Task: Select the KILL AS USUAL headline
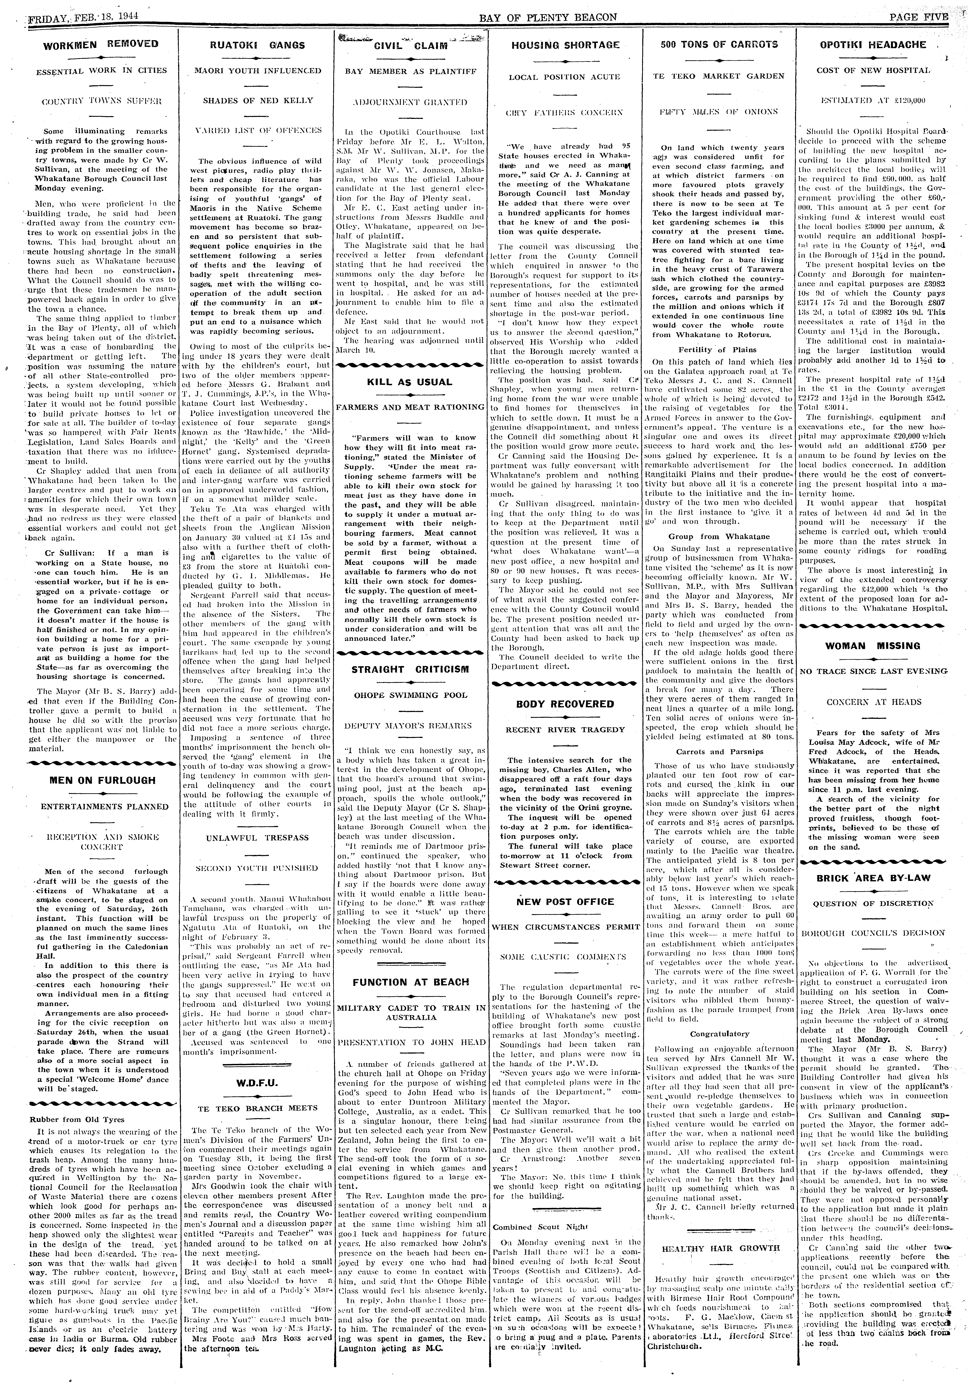click(409, 382)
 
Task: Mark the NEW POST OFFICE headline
click(565, 902)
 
